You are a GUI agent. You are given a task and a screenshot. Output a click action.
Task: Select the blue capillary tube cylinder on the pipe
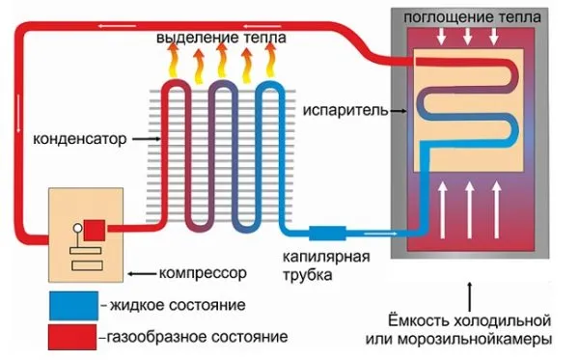[328, 234]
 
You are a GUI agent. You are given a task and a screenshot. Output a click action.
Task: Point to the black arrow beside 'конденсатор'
[145, 139]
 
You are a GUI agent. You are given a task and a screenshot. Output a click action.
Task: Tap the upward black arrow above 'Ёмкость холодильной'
[470, 291]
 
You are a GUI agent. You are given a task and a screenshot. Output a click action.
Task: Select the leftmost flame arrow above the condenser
[176, 64]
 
